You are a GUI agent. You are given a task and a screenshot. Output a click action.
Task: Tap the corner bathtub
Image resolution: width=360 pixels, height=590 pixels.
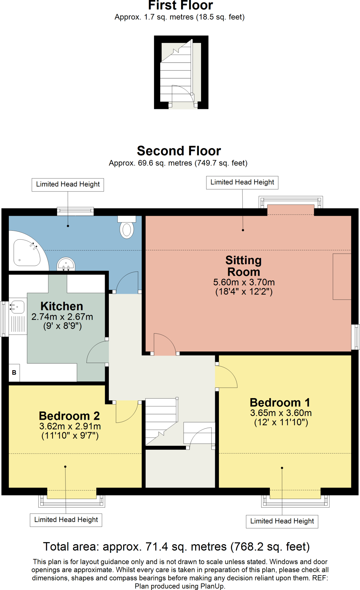tap(27, 253)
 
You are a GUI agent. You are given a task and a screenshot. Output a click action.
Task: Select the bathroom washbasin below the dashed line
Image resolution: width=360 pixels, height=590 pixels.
tap(66, 264)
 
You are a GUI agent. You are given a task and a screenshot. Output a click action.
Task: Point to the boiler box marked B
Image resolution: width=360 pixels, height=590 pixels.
tap(14, 372)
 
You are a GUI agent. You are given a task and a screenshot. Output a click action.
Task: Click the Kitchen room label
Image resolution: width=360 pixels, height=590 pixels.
tap(62, 306)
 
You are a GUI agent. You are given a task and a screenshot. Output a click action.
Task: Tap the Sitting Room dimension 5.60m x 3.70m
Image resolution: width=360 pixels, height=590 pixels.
tap(244, 282)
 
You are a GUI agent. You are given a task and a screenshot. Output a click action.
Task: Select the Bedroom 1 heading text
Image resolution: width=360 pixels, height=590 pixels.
tap(280, 402)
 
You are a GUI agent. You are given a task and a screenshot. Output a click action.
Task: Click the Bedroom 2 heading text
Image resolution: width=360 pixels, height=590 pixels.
tap(69, 416)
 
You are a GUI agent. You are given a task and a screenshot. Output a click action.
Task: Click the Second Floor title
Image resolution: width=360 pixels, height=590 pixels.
tap(179, 151)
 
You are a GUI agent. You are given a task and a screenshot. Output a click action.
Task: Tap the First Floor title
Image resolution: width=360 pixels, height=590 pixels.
tap(180, 5)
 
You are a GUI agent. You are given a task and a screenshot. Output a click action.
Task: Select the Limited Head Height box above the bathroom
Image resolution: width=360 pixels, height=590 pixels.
tap(68, 184)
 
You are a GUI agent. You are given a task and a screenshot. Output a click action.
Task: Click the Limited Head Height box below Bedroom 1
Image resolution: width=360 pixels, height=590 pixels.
tap(282, 521)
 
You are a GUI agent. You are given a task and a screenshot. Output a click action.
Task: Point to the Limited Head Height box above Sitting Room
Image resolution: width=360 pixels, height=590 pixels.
tap(242, 182)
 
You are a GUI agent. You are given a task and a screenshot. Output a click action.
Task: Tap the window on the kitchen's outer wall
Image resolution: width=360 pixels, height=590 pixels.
tap(4, 319)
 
